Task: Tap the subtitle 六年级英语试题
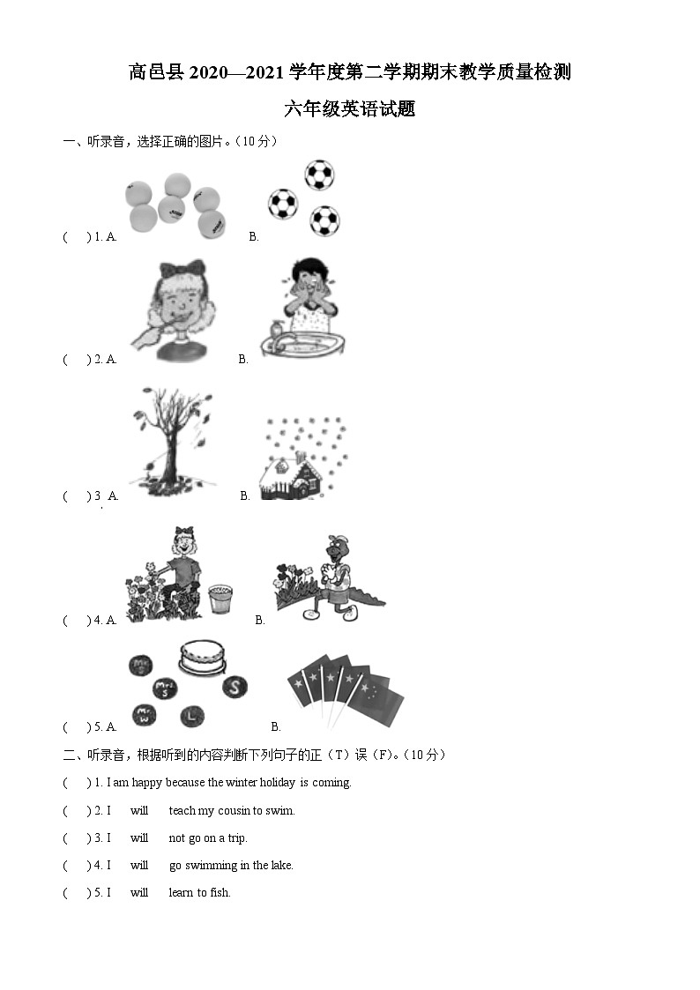point(349,109)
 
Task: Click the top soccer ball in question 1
point(319,175)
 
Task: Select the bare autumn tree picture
point(171,438)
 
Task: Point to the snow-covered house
point(291,480)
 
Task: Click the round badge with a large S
point(235,687)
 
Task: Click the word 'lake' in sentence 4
point(281,866)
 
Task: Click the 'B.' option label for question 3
point(245,496)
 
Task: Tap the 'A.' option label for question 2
point(111,360)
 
